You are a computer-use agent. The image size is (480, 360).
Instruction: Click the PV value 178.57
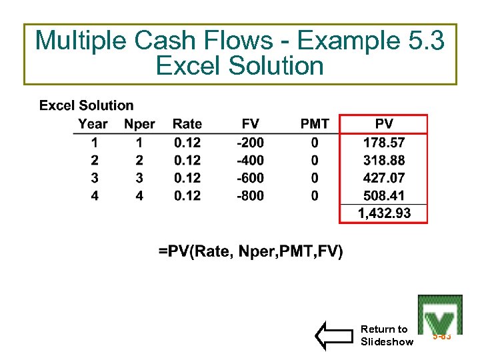pos(384,143)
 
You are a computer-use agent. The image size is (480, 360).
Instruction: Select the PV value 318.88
pos(384,161)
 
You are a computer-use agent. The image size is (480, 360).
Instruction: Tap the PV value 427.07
pos(384,178)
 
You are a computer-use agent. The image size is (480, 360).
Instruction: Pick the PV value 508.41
pos(384,196)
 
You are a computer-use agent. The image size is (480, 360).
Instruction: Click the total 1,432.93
pos(384,213)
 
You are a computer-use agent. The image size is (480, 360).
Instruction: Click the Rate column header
pos(187,124)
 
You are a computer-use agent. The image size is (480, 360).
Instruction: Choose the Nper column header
pos(139,124)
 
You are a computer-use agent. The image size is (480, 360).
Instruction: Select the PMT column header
pos(315,124)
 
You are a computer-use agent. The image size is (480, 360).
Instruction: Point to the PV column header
pos(384,124)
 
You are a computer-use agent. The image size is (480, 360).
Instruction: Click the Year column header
pos(93,124)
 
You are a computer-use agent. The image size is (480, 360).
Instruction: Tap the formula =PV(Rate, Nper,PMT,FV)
pos(251,251)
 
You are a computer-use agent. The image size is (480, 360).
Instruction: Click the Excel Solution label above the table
pos(87,105)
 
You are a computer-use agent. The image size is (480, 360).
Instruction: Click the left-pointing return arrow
pos(335,335)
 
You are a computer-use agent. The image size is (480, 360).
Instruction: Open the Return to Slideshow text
pos(387,335)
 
